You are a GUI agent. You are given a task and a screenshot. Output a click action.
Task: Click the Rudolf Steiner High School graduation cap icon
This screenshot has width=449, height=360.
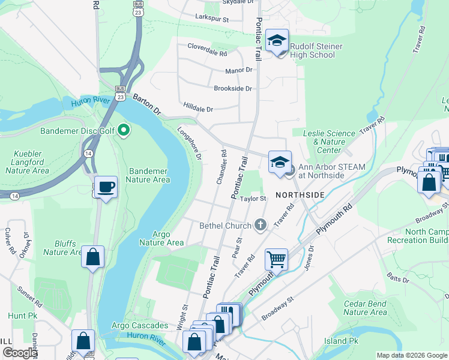click(277, 41)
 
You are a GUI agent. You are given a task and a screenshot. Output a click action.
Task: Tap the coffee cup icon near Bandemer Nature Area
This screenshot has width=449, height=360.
click(106, 187)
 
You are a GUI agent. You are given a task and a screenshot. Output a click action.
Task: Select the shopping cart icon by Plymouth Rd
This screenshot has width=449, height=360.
click(276, 260)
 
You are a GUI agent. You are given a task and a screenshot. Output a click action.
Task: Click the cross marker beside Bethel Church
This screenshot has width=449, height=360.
click(260, 226)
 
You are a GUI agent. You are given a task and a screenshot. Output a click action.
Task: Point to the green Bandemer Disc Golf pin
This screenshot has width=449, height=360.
click(124, 130)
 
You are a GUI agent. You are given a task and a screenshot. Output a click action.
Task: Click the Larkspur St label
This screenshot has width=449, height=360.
click(212, 19)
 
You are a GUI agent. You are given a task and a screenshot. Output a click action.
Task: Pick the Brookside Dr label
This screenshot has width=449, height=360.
click(233, 88)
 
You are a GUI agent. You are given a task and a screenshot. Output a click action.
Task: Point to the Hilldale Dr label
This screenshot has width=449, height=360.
click(198, 109)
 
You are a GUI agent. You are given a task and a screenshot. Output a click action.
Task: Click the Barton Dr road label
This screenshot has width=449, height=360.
click(147, 103)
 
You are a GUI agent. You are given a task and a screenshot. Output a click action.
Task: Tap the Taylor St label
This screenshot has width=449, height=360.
click(253, 199)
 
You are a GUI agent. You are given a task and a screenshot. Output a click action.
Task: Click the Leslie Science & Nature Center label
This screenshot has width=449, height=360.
click(329, 142)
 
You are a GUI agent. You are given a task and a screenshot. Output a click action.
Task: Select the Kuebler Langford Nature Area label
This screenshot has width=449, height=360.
click(30, 162)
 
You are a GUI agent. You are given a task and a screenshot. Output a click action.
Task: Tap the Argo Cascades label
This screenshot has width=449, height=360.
click(140, 325)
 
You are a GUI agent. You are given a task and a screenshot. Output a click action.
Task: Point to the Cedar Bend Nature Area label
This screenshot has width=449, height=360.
click(365, 308)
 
